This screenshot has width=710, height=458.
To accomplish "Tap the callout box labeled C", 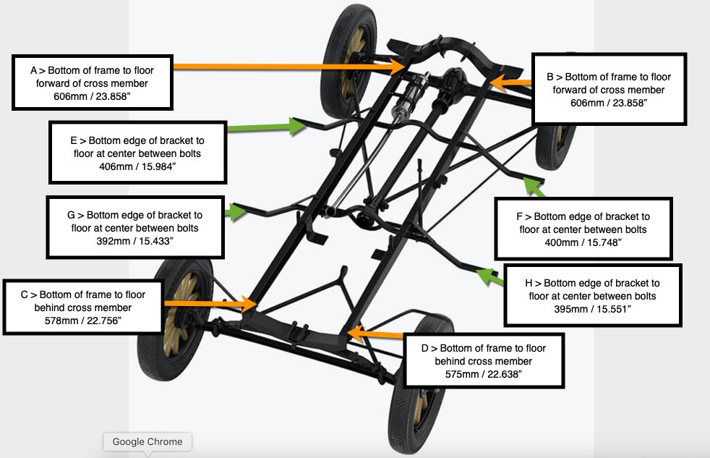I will (x=82, y=307).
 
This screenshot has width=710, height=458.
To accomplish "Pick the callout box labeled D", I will (x=483, y=360).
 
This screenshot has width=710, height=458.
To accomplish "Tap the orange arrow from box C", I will (x=210, y=303).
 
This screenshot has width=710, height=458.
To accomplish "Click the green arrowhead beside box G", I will (x=236, y=211).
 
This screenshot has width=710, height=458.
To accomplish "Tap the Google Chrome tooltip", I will (x=147, y=441).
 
